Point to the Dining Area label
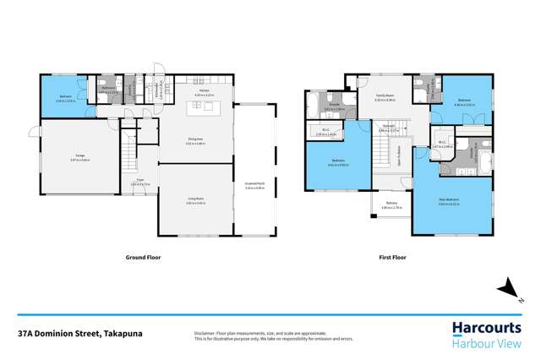click(196, 142)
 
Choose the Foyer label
click(139, 181)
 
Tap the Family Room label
click(385, 98)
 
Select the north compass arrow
click(510, 291)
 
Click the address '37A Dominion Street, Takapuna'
click(85, 333)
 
